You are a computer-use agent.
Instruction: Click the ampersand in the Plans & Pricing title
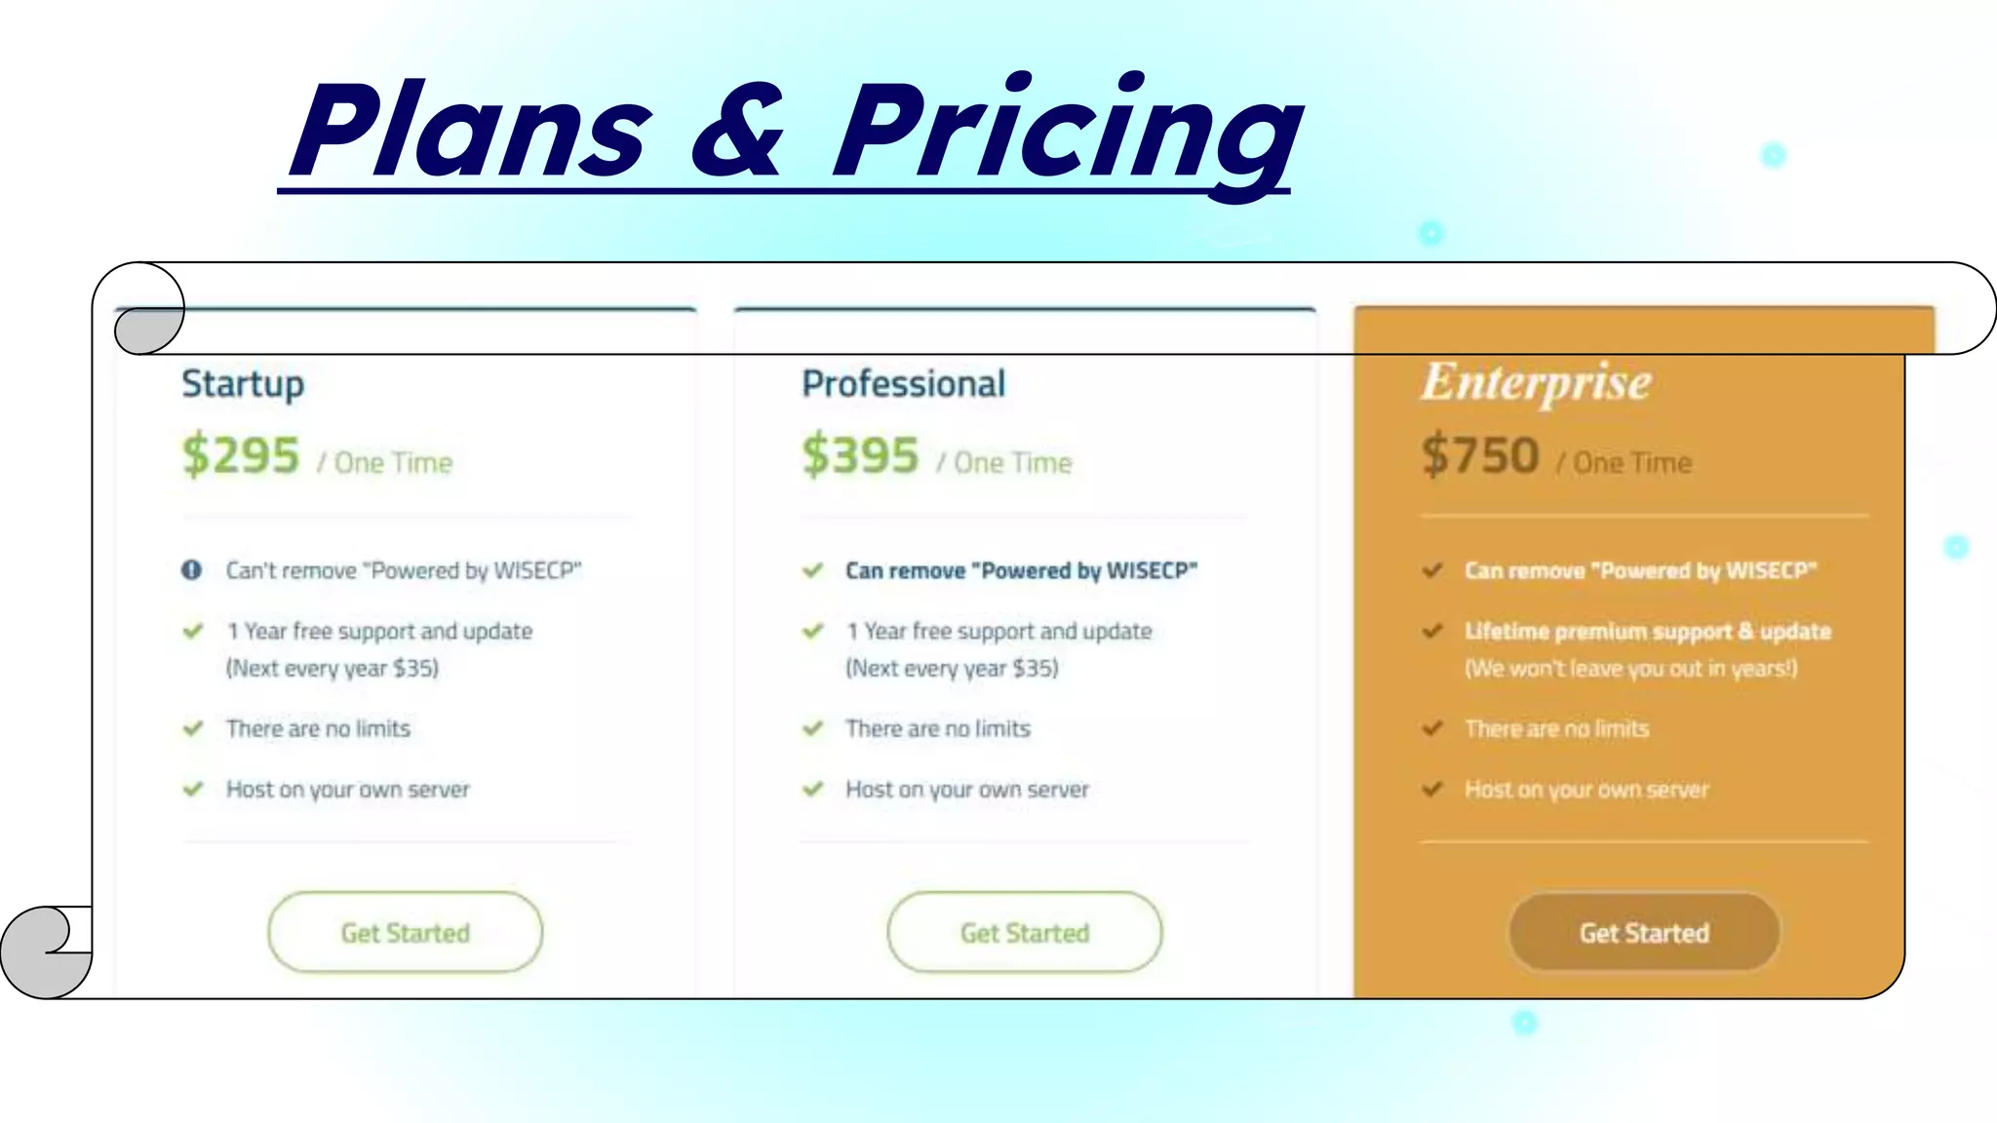(x=738, y=132)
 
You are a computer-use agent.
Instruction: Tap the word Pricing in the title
(x=1068, y=132)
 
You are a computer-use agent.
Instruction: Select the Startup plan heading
(x=243, y=384)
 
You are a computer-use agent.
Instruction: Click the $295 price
(x=241, y=455)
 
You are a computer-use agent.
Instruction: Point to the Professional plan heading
(x=903, y=384)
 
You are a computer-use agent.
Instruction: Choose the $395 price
(x=860, y=455)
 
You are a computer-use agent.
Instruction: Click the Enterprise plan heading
(x=1536, y=382)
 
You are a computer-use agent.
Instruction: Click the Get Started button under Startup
(x=405, y=932)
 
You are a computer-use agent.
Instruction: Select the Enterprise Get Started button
(x=1644, y=932)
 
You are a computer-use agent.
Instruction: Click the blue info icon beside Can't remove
(x=192, y=570)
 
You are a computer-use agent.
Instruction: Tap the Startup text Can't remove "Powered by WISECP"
(x=404, y=570)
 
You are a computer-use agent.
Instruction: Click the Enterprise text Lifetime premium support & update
(x=1648, y=632)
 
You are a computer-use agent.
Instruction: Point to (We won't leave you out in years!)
(x=1630, y=669)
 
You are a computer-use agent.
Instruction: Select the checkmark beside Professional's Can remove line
(x=812, y=570)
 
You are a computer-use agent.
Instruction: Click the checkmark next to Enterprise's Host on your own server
(x=1431, y=789)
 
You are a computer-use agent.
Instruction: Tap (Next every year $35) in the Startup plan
(x=333, y=669)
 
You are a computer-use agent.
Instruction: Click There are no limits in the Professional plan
(x=937, y=728)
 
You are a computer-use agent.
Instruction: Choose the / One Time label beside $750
(x=1624, y=463)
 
